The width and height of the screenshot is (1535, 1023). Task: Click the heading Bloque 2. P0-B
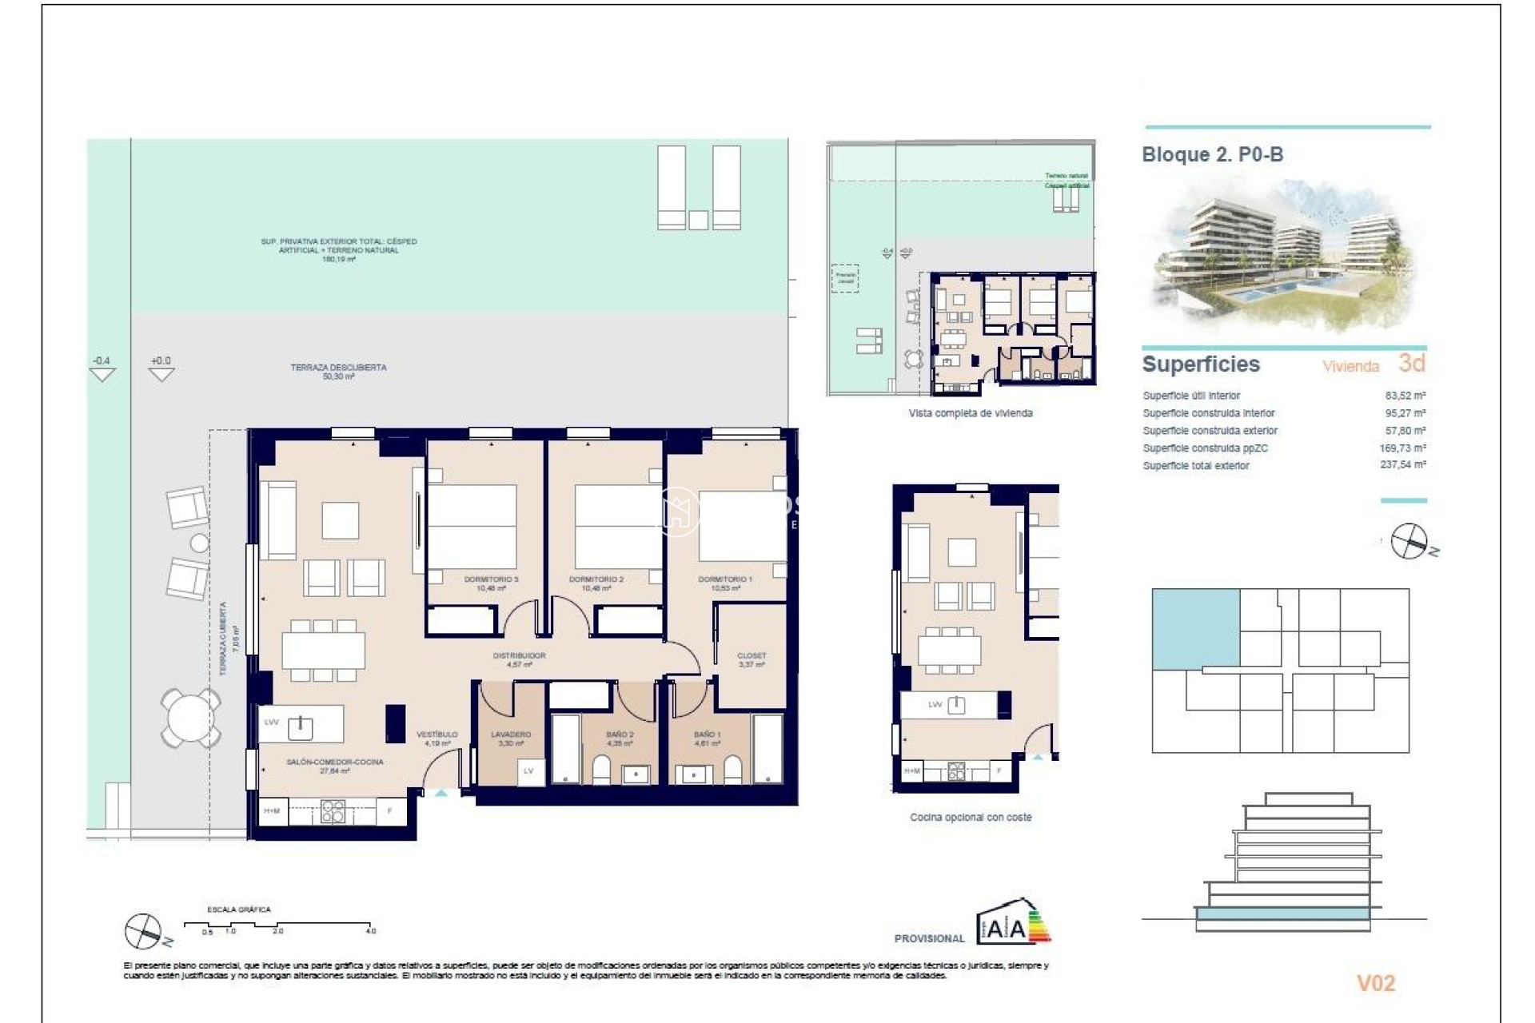tap(1212, 154)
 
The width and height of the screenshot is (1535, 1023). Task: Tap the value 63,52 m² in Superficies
tap(1405, 396)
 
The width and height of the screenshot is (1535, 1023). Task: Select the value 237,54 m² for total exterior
tap(1402, 464)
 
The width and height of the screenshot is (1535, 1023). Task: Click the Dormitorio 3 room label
tap(491, 583)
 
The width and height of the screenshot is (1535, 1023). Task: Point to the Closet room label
tap(751, 659)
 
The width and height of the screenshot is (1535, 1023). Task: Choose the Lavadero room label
tap(511, 738)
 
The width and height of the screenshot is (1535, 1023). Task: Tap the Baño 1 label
tap(707, 738)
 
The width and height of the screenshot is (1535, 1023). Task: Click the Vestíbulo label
tap(437, 738)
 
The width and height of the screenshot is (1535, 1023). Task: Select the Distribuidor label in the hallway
tap(519, 659)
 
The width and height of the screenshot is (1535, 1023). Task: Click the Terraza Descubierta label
tap(338, 371)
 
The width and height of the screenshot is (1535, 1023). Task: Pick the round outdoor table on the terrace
tap(190, 717)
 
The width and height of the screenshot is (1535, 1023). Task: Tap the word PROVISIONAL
tap(929, 938)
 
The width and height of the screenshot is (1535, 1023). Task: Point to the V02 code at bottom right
tap(1375, 983)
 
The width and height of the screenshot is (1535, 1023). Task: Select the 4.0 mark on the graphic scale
tap(371, 931)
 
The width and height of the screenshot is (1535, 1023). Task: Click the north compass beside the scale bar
tap(145, 931)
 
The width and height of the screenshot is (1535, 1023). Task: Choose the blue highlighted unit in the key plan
tap(1195, 627)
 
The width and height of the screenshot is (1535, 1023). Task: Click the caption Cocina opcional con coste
tap(971, 817)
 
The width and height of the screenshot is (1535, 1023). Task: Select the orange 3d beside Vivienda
tap(1411, 363)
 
